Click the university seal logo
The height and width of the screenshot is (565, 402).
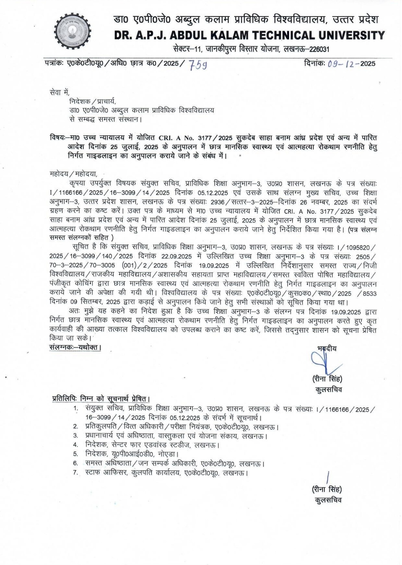pos(73,31)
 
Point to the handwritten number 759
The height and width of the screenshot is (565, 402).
pos(198,65)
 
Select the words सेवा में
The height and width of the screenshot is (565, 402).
pos(60,93)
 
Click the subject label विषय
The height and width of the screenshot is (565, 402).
pos(57,138)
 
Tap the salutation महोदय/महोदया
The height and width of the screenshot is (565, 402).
pos(74,174)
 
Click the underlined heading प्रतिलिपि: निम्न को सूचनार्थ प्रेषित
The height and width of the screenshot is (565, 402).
pos(101,399)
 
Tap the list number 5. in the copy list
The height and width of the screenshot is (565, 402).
pos(76,454)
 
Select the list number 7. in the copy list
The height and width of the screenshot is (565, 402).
pos(76,472)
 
